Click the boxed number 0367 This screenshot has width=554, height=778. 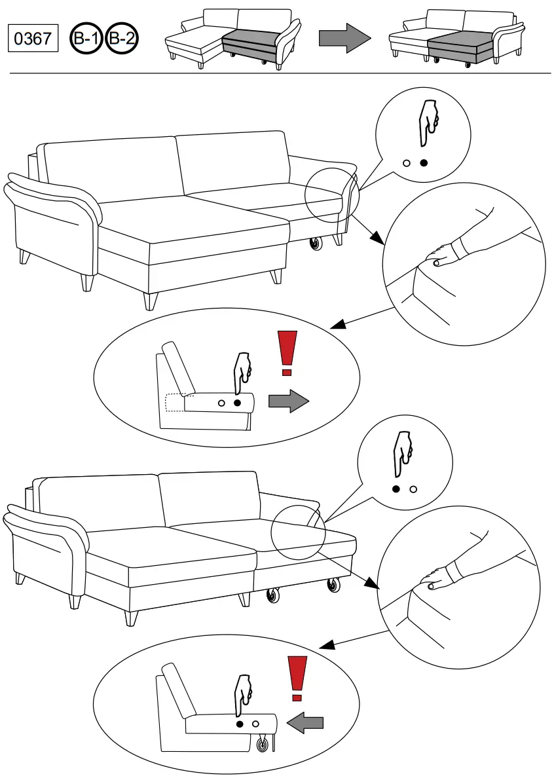click(x=33, y=39)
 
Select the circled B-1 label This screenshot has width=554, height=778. click(x=86, y=39)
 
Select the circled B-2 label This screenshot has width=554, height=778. click(x=122, y=39)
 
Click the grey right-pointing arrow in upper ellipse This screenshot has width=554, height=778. click(x=288, y=401)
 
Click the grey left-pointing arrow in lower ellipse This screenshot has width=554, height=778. click(x=306, y=723)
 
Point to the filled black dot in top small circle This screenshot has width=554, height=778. click(x=423, y=162)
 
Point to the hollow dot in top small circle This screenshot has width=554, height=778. click(x=407, y=162)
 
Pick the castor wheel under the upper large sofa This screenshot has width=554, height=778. click(x=317, y=245)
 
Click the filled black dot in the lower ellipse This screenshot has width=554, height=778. click(x=240, y=724)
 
